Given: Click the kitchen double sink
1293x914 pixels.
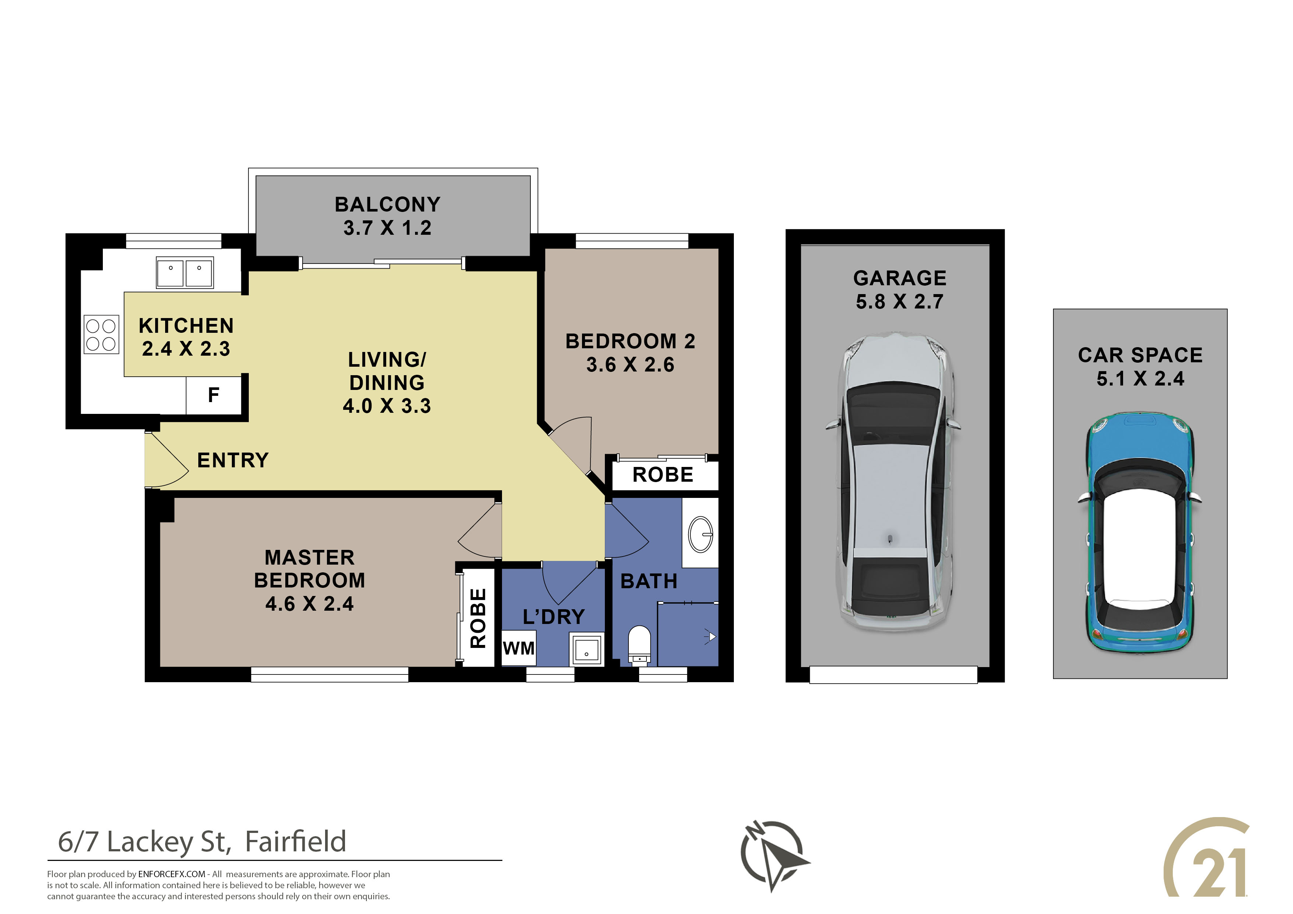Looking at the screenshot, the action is click(x=185, y=273).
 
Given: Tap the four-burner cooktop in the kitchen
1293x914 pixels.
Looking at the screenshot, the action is click(x=101, y=335).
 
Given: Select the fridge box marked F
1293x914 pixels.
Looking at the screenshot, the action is click(x=214, y=395).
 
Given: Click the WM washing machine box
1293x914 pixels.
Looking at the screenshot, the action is click(x=519, y=648).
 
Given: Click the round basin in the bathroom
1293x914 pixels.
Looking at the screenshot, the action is click(x=701, y=534).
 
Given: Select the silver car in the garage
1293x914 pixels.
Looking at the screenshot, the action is click(x=893, y=481).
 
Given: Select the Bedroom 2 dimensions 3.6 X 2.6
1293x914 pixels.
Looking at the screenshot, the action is click(x=630, y=365).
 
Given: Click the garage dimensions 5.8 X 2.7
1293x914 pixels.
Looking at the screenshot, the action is click(x=899, y=302).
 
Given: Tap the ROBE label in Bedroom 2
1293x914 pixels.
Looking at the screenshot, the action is click(x=663, y=475).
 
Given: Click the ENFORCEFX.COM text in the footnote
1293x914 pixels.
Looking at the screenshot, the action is click(x=172, y=874).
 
